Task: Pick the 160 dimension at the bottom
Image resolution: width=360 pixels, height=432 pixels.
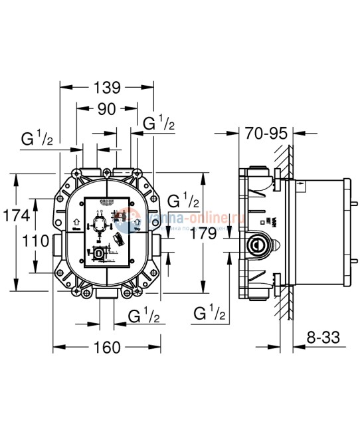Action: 106,346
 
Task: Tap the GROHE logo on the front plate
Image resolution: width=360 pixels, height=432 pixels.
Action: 108,201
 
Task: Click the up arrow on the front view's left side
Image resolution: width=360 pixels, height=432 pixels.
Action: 76,225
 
